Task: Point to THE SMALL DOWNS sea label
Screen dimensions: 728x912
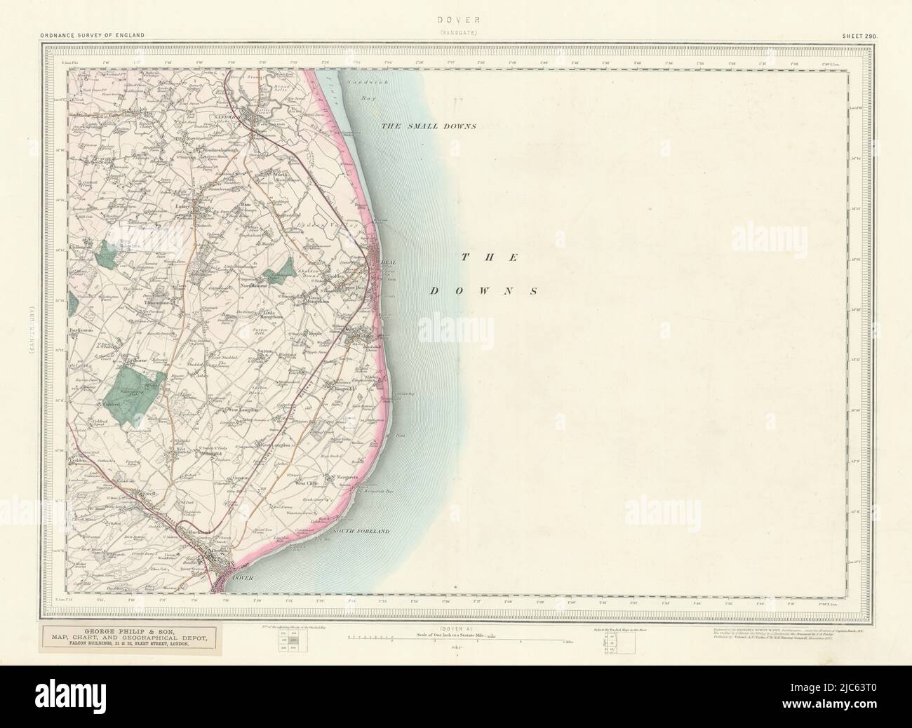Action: coord(428,126)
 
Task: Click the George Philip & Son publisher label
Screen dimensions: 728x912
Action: coord(133,637)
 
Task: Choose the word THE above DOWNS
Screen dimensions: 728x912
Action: coord(490,257)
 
